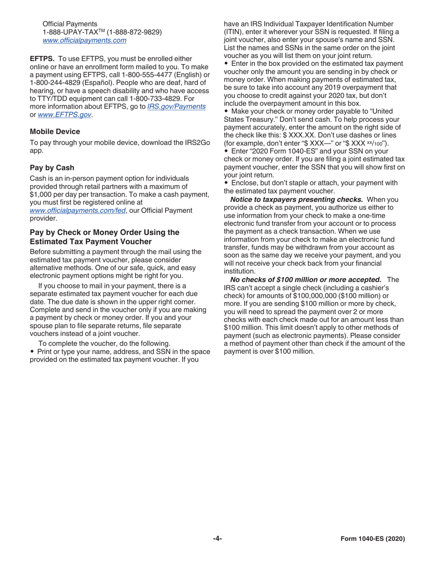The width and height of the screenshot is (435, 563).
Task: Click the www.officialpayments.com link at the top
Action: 84,41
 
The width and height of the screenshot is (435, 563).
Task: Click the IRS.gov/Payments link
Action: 176,107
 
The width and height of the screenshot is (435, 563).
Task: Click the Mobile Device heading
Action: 55,131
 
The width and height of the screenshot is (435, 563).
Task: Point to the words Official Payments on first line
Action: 70,23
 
